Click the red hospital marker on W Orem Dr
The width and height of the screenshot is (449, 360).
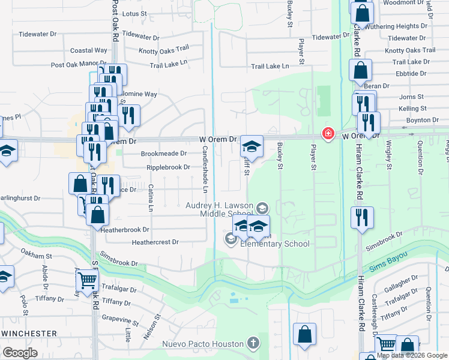(x=328, y=133)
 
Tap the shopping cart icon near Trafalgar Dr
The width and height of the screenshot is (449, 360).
(x=87, y=280)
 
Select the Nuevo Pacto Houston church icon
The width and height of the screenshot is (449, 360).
(x=253, y=344)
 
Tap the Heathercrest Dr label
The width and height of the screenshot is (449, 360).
(x=155, y=242)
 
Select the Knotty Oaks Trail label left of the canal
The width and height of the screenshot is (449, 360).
(x=164, y=49)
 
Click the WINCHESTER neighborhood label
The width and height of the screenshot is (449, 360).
(x=29, y=333)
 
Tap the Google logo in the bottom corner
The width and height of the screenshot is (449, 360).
(x=20, y=352)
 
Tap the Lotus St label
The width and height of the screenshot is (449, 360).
(x=134, y=13)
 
